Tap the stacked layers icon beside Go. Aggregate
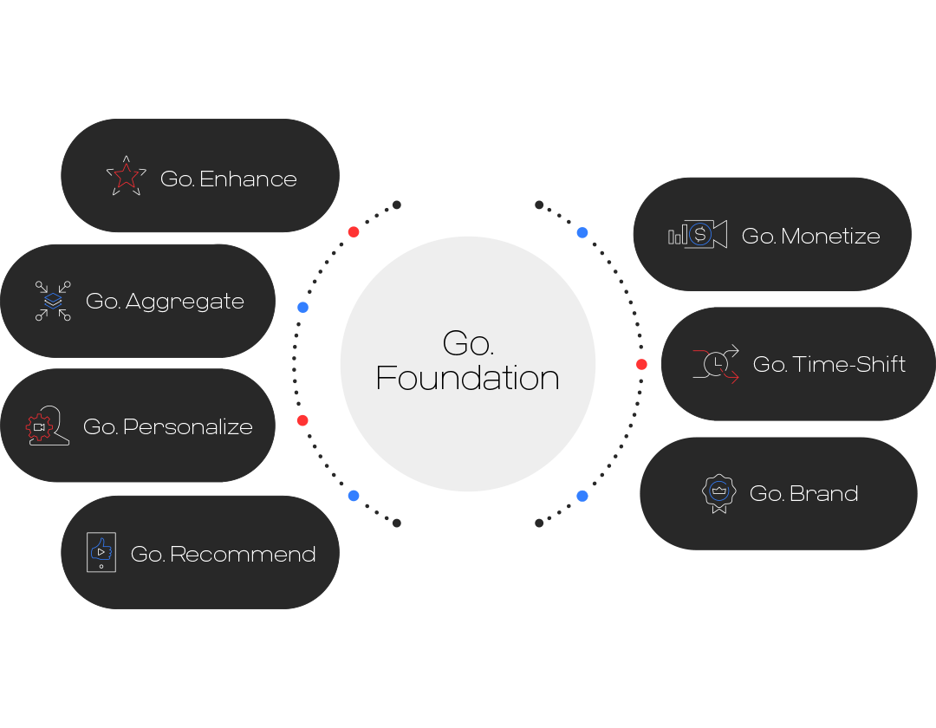click(53, 301)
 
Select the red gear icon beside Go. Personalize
click(40, 426)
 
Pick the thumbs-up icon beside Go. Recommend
click(101, 552)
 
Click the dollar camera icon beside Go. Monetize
click(698, 234)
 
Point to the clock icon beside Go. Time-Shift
click(716, 364)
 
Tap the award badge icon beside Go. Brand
click(718, 492)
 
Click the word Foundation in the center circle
click(467, 379)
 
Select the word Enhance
click(248, 179)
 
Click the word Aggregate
click(185, 302)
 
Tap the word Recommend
click(243, 555)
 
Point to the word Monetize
click(830, 236)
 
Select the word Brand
click(823, 494)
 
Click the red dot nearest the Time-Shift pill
click(641, 364)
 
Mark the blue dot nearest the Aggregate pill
click(302, 307)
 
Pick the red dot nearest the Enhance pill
click(354, 231)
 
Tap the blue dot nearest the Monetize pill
click(582, 232)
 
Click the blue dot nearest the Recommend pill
click(354, 496)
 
